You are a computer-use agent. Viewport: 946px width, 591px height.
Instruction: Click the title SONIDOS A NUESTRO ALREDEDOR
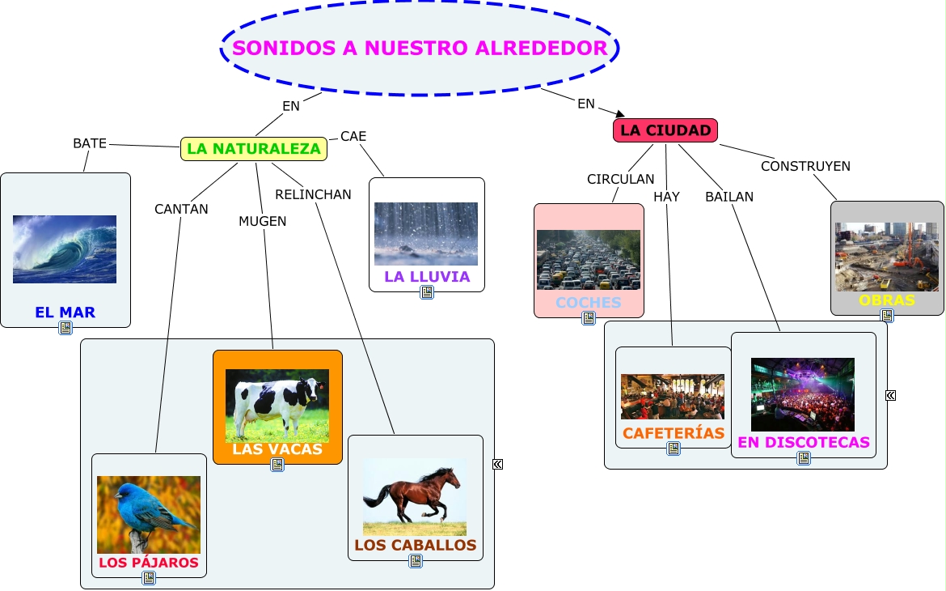pos(420,48)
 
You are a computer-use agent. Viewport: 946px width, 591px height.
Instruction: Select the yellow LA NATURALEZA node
pos(253,149)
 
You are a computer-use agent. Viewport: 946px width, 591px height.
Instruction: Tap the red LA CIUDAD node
pos(665,130)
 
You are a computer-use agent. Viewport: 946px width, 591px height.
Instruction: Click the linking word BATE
pos(90,143)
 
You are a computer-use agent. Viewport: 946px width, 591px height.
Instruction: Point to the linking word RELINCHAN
pos(313,194)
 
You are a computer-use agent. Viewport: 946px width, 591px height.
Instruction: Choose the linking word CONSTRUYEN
pos(805,166)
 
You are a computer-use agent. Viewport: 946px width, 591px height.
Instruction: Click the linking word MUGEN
pos(263,221)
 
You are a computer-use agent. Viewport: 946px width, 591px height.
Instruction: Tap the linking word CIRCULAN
pos(621,180)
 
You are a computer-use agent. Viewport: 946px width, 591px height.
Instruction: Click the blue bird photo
pos(149,515)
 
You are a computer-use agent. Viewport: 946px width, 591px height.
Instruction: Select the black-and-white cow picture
pos(277,406)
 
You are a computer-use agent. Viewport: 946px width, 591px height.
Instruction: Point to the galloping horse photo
pos(415,497)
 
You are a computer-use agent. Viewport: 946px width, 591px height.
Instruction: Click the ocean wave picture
pos(65,249)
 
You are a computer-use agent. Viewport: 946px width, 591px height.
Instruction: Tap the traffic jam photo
pos(589,260)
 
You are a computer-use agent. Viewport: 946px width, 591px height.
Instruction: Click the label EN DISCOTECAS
pos(804,442)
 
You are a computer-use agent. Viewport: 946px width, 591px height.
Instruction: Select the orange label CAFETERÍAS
pos(674,433)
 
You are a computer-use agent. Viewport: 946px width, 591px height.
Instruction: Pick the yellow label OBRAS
pos(887,300)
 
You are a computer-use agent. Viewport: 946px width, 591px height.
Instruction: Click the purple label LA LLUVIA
pos(427,277)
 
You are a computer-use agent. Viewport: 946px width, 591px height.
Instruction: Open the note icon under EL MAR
pos(65,328)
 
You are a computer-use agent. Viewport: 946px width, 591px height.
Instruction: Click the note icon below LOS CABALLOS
pos(416,561)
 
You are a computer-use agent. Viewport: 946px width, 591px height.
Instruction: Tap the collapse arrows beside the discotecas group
pos(890,396)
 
